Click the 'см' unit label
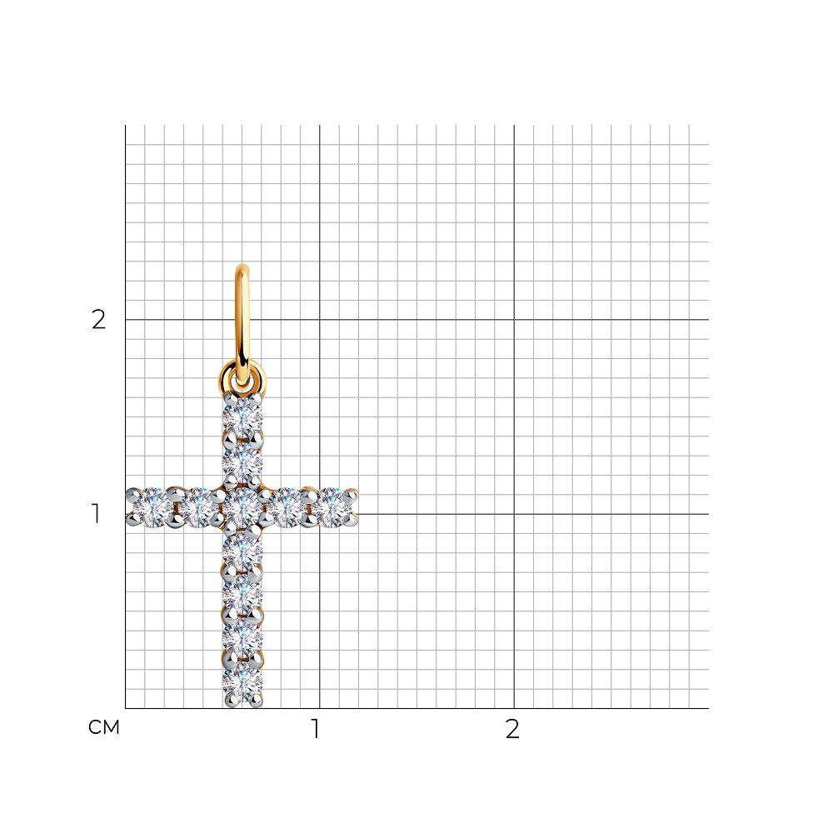tap(104, 727)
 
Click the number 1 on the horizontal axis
tap(316, 729)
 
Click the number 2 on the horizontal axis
tap(512, 729)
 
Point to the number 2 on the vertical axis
tap(99, 319)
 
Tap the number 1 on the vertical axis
tap(96, 514)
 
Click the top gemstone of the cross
tap(242, 418)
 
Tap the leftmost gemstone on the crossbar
tap(150, 508)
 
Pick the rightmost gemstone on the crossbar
tap(332, 508)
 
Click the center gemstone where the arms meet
tap(242, 508)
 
